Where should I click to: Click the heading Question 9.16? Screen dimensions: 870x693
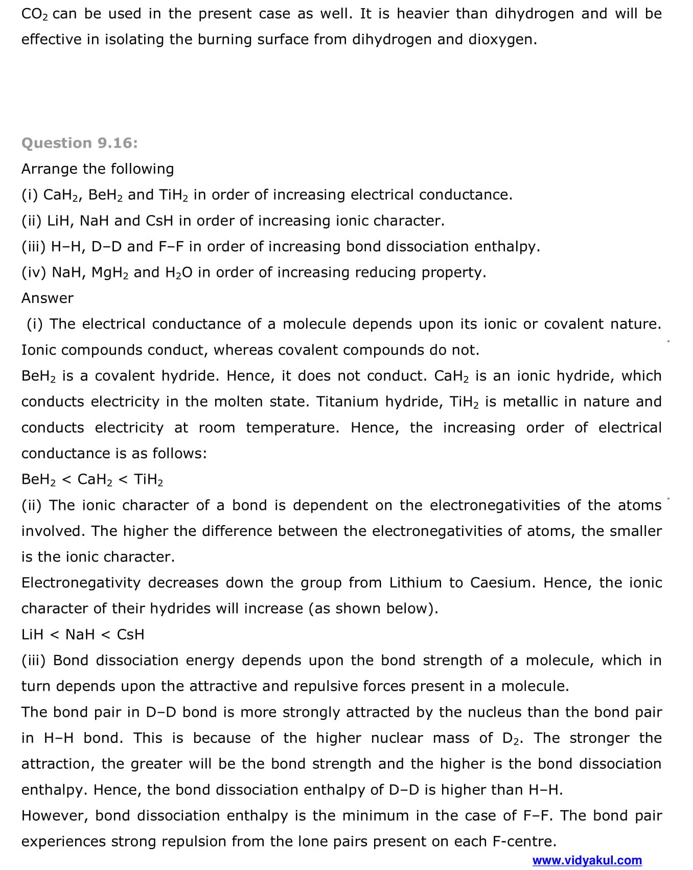coord(80,143)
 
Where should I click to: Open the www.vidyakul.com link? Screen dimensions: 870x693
coord(587,860)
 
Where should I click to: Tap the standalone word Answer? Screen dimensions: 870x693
coord(48,298)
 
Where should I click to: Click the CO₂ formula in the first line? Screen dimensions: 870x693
coord(35,14)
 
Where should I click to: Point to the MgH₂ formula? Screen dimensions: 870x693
coord(110,272)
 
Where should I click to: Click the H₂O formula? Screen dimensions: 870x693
coord(179,272)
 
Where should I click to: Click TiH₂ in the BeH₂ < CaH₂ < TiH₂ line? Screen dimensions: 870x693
coord(148,479)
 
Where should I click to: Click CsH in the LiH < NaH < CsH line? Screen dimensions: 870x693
coord(130,634)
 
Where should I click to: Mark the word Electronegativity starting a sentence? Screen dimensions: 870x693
coord(81,582)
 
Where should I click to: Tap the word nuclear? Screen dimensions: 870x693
coord(397,738)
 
